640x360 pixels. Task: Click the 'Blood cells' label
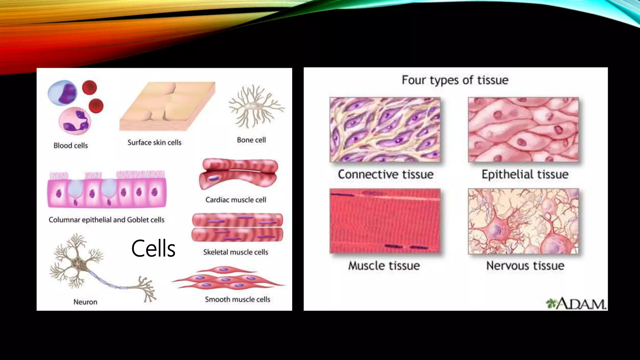click(x=71, y=146)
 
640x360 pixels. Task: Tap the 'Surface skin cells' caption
click(x=154, y=142)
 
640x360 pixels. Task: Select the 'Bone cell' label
click(x=251, y=140)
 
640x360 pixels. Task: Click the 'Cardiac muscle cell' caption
click(x=236, y=200)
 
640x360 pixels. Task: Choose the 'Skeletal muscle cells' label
click(x=236, y=252)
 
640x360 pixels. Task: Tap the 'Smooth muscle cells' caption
click(x=237, y=299)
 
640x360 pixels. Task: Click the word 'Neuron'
click(x=85, y=302)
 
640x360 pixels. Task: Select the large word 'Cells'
click(x=153, y=249)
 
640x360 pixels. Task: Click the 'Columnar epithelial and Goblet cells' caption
click(x=106, y=220)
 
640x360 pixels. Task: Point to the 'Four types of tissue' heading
click(x=455, y=80)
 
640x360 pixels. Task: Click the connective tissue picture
click(x=385, y=129)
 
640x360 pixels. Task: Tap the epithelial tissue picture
click(x=523, y=129)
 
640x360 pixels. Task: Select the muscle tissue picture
click(x=385, y=221)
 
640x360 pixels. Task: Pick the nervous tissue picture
click(x=523, y=221)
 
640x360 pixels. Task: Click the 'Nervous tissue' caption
click(x=525, y=266)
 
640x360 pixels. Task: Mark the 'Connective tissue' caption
click(x=386, y=174)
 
